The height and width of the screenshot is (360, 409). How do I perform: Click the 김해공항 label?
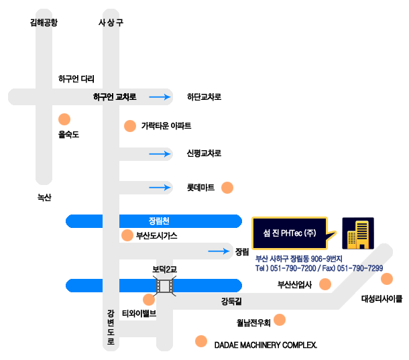pyautogui.click(x=44, y=22)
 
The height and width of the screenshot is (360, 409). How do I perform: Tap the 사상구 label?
pyautogui.click(x=111, y=22)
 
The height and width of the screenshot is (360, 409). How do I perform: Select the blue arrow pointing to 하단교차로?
pyautogui.click(x=160, y=97)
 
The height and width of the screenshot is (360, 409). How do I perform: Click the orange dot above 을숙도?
pyautogui.click(x=64, y=119)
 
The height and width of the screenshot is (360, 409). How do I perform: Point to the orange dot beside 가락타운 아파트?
pyautogui.click(x=130, y=126)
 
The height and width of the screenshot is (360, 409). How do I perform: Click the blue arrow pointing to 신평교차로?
pyautogui.click(x=160, y=154)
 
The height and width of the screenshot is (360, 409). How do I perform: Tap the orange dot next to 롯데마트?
pyautogui.click(x=227, y=188)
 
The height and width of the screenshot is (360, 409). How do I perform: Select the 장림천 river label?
pyautogui.click(x=159, y=221)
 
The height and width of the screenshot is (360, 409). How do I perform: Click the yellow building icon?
pyautogui.click(x=358, y=233)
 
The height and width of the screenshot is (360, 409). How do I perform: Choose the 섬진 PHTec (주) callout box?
pyautogui.click(x=290, y=233)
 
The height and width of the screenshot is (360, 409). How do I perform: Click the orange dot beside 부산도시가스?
pyautogui.click(x=127, y=235)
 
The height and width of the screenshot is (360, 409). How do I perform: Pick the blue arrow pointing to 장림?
pyautogui.click(x=219, y=251)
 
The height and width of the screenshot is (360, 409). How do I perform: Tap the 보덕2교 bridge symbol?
pyautogui.click(x=164, y=286)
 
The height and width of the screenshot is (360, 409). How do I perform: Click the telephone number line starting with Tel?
pyautogui.click(x=319, y=268)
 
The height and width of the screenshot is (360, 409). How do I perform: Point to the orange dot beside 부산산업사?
pyautogui.click(x=325, y=284)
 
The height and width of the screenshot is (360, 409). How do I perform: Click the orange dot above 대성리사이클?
pyautogui.click(x=387, y=279)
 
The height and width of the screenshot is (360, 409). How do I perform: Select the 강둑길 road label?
pyautogui.click(x=231, y=301)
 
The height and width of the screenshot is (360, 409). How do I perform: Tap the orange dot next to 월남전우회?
pyautogui.click(x=280, y=320)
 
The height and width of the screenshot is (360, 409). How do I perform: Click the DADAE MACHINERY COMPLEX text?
pyautogui.click(x=266, y=345)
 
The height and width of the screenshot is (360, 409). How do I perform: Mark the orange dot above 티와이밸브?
pyautogui.click(x=149, y=300)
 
